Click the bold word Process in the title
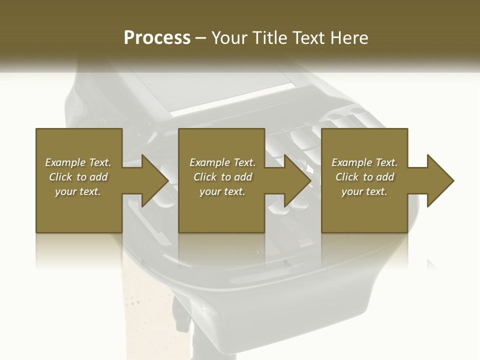point(157,38)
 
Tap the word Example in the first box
point(65,162)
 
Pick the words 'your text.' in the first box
point(78,191)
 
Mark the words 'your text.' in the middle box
point(222,191)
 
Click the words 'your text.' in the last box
point(364,191)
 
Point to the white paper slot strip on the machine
point(232,99)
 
